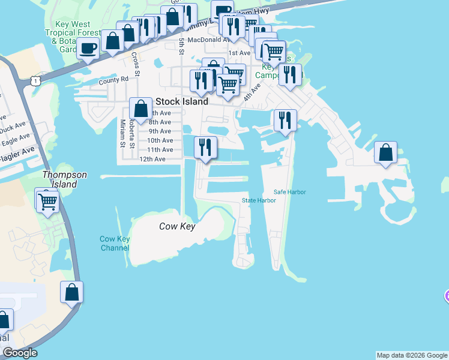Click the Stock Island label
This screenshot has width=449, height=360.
(x=182, y=101)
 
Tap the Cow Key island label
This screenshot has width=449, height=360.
(x=177, y=226)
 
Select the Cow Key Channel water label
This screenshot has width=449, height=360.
(x=115, y=243)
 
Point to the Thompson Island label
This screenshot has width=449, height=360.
(x=64, y=179)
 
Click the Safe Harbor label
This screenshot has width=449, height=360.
(x=290, y=192)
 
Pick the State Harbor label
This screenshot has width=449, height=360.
(x=259, y=200)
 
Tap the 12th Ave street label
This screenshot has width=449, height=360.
(x=152, y=159)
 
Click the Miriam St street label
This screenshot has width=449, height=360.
(x=122, y=133)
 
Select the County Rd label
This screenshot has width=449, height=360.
(x=113, y=79)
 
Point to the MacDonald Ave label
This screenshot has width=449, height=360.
(x=209, y=40)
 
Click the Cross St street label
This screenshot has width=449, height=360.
(x=136, y=65)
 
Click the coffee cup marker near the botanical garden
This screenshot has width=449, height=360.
(x=88, y=48)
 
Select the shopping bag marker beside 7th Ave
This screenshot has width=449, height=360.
(x=140, y=109)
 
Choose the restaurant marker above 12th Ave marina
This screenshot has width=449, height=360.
(x=205, y=147)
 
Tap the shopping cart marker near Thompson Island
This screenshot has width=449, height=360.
(x=47, y=201)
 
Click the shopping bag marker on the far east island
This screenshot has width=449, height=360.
(x=385, y=152)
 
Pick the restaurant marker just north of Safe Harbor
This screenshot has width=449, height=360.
(x=285, y=119)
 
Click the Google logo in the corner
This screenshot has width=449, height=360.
(x=20, y=353)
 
